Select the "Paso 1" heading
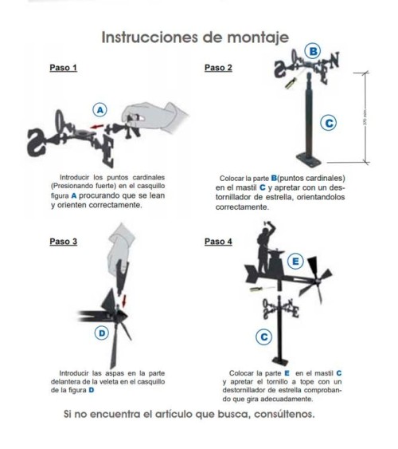pyautogui.click(x=64, y=68)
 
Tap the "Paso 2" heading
pyautogui.click(x=219, y=68)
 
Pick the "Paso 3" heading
pyautogui.click(x=64, y=240)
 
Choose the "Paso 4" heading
pyautogui.click(x=219, y=240)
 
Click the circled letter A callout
pyautogui.click(x=100, y=108)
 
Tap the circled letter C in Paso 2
pyautogui.click(x=327, y=122)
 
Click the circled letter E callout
pyautogui.click(x=295, y=261)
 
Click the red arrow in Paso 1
pyautogui.click(x=96, y=126)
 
